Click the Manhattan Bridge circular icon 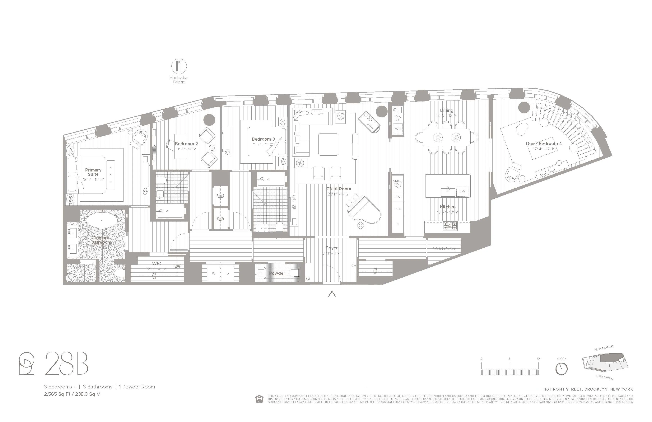pos(179,66)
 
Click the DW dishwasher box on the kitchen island pos(462,191)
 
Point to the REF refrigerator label pos(398,209)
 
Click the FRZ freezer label pos(398,197)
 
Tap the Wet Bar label pos(398,118)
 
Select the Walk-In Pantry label pos(444,249)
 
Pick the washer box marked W pos(214,273)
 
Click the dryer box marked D pos(228,273)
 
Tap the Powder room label pos(277,273)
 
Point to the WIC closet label pos(156,264)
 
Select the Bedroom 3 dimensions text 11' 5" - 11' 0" pos(263,144)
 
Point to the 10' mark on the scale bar pos(538,359)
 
